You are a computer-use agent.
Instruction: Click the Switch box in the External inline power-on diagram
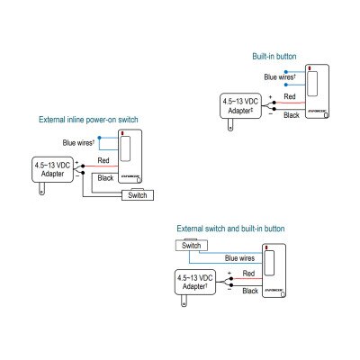pos(139,194)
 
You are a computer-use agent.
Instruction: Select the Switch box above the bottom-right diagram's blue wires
pos(190,245)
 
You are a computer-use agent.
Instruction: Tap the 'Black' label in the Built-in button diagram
pos(291,115)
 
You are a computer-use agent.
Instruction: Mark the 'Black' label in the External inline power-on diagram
pos(104,180)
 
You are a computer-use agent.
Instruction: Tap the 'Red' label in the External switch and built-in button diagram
pos(249,271)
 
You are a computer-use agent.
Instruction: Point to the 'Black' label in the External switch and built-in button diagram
pos(249,291)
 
